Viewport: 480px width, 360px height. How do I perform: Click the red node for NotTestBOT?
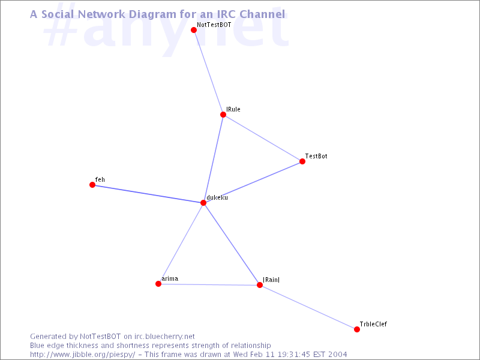click(x=193, y=30)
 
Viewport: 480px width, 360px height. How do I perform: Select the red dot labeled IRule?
click(x=223, y=115)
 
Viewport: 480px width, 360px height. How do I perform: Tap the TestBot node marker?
click(x=302, y=161)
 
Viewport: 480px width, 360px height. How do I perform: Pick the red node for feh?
click(x=92, y=185)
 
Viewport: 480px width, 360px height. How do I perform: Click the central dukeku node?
click(x=203, y=203)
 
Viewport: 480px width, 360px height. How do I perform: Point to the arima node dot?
click(x=158, y=284)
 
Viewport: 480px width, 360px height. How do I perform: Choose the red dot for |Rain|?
click(x=260, y=285)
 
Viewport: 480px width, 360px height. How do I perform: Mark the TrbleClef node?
click(x=357, y=329)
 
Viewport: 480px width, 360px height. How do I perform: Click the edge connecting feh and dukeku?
click(x=148, y=194)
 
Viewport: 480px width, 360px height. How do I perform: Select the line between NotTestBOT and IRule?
click(x=208, y=72)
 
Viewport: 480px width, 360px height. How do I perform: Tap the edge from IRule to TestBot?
click(x=263, y=138)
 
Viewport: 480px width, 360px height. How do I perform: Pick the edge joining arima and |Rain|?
click(x=209, y=284)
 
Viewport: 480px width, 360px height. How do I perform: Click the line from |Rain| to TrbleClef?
click(x=308, y=307)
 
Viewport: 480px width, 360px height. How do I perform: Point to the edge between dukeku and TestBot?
click(x=253, y=182)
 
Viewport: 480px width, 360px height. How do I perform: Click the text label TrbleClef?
click(x=373, y=324)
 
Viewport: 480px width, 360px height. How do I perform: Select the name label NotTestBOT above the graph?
click(x=214, y=25)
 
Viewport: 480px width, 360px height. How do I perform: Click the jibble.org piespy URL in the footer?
click(x=82, y=355)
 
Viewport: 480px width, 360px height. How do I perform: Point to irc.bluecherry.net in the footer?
click(x=164, y=337)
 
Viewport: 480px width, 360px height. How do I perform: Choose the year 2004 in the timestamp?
click(x=338, y=355)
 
